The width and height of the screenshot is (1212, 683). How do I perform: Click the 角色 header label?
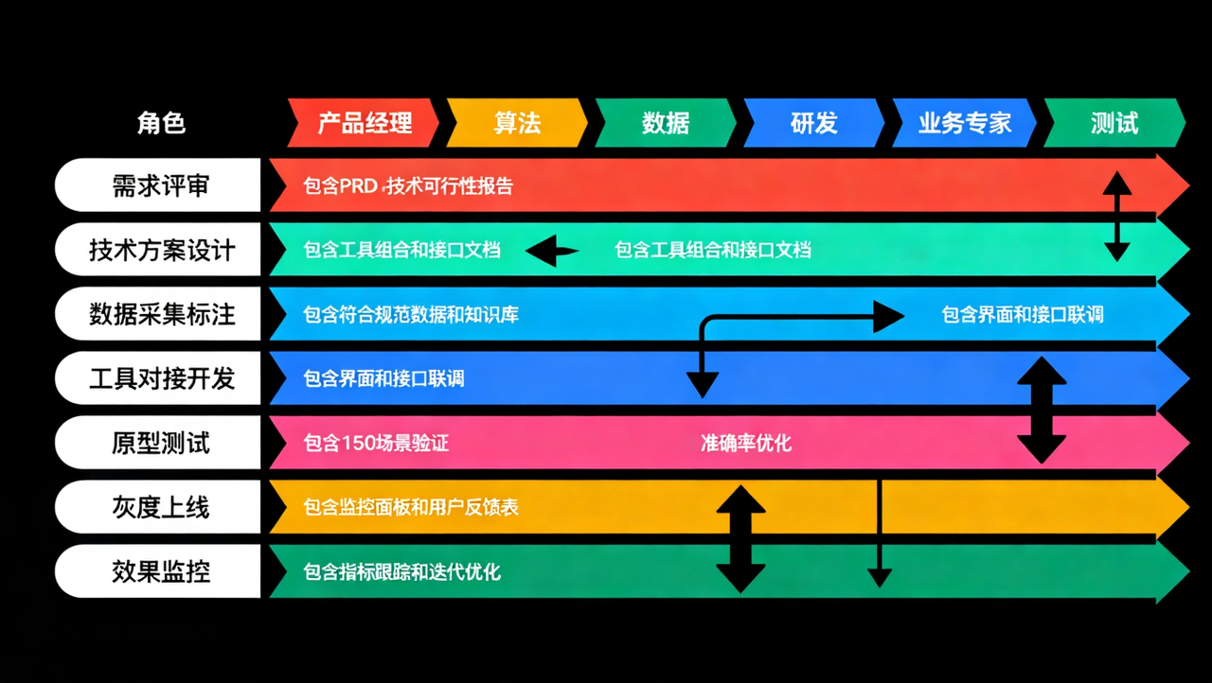161,123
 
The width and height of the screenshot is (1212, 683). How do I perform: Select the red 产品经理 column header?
365,123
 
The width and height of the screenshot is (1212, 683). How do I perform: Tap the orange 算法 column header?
517,123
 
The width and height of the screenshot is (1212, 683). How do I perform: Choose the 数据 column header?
666,123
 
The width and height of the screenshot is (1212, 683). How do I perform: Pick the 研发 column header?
814,123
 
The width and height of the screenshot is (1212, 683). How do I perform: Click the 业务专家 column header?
964,123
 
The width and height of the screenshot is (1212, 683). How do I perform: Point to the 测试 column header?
1114,123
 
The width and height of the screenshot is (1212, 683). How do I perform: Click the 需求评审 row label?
160,185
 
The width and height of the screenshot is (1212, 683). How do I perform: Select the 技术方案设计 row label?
160,250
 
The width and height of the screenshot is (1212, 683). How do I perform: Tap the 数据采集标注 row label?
160,314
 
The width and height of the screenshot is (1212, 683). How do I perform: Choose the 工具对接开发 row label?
160,378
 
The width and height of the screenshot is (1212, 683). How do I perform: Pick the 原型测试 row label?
160,443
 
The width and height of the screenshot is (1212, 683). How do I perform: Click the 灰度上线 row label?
160,507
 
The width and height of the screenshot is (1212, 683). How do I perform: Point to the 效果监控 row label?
160,571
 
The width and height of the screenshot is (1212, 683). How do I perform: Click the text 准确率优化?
746,443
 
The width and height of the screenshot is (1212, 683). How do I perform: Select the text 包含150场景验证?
376,443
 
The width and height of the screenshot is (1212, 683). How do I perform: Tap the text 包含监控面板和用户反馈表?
411,508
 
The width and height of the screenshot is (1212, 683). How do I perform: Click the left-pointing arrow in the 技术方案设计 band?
552,251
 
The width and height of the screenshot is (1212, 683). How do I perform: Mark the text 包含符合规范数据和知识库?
411,314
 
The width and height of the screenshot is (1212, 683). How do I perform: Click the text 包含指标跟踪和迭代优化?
402,571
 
